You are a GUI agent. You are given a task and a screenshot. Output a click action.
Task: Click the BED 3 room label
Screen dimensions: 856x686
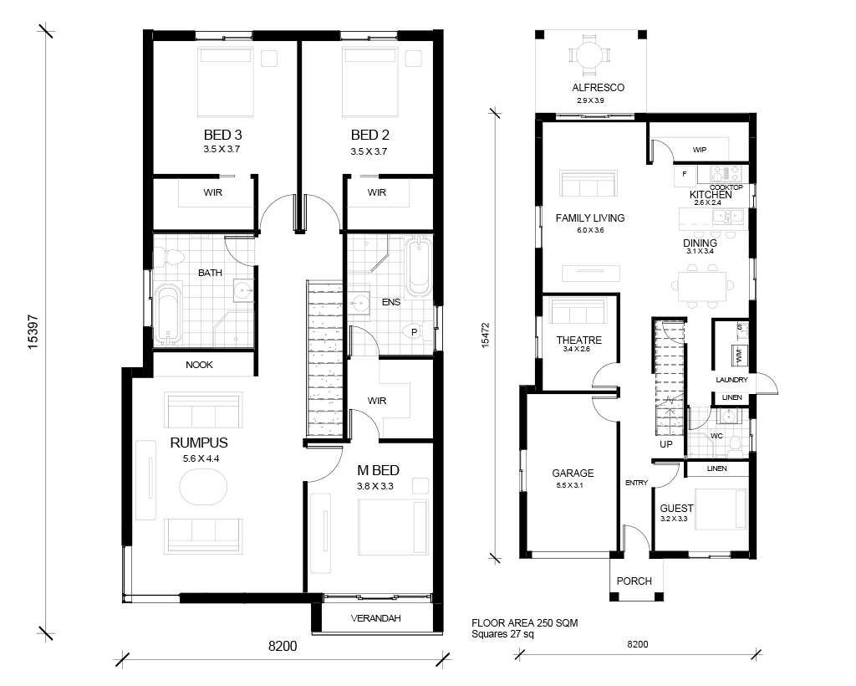click(222, 135)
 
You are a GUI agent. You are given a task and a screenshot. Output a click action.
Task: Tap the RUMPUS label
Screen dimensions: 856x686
click(199, 443)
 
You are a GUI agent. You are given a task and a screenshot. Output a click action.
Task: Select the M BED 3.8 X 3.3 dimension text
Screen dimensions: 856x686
click(375, 486)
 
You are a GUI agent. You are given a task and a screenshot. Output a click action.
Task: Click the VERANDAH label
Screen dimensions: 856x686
click(375, 618)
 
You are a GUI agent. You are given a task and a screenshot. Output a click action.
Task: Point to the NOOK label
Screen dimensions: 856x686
click(199, 365)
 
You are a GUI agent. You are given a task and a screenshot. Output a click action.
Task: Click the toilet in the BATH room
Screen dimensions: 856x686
click(169, 257)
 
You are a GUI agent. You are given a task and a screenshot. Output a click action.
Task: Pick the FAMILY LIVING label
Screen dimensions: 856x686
click(590, 218)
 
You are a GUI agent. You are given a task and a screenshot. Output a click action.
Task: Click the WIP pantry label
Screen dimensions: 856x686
click(700, 150)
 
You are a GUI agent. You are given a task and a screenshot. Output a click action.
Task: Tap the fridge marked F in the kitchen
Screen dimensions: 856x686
click(685, 176)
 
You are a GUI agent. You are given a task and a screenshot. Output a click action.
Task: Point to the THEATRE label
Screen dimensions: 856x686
click(578, 340)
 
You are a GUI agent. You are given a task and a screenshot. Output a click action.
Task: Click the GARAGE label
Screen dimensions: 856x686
click(573, 473)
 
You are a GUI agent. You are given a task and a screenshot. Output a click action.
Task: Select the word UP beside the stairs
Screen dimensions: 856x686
click(666, 444)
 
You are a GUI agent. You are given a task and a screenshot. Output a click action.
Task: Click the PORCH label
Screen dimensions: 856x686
click(634, 581)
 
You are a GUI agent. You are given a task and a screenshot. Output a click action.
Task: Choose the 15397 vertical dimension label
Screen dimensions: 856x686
click(33, 331)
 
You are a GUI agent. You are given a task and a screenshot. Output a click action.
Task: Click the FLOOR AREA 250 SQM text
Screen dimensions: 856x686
click(525, 623)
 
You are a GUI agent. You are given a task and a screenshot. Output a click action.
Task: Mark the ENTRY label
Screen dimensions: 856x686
click(636, 483)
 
